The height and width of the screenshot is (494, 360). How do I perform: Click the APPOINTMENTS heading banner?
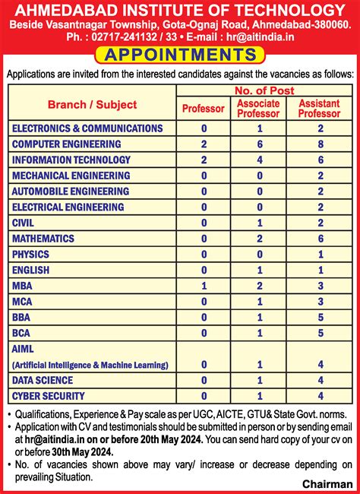coord(179,55)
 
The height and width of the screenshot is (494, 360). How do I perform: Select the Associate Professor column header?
coord(259,108)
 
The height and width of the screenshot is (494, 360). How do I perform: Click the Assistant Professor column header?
coord(320,108)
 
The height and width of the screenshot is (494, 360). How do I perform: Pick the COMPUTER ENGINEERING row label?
coord(67,144)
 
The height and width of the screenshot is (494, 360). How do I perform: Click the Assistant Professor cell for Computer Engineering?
coord(321,144)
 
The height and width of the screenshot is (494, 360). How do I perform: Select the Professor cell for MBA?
coord(204,285)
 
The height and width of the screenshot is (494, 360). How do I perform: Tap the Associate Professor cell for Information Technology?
coord(260,160)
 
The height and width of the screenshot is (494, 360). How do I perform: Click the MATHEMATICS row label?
coord(43,238)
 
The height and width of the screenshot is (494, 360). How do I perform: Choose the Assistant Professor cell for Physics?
coord(321,254)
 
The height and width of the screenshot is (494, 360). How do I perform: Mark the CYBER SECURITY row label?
coord(49,395)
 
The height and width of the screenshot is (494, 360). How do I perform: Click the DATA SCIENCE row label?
coord(43,380)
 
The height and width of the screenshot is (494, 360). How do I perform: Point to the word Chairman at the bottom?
coord(328,483)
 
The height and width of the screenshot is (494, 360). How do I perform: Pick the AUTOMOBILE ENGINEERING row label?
coord(71,191)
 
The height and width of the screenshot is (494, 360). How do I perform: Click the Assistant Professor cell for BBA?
coord(321,317)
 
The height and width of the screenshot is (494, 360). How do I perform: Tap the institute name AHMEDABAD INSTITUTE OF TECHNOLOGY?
coord(179,10)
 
